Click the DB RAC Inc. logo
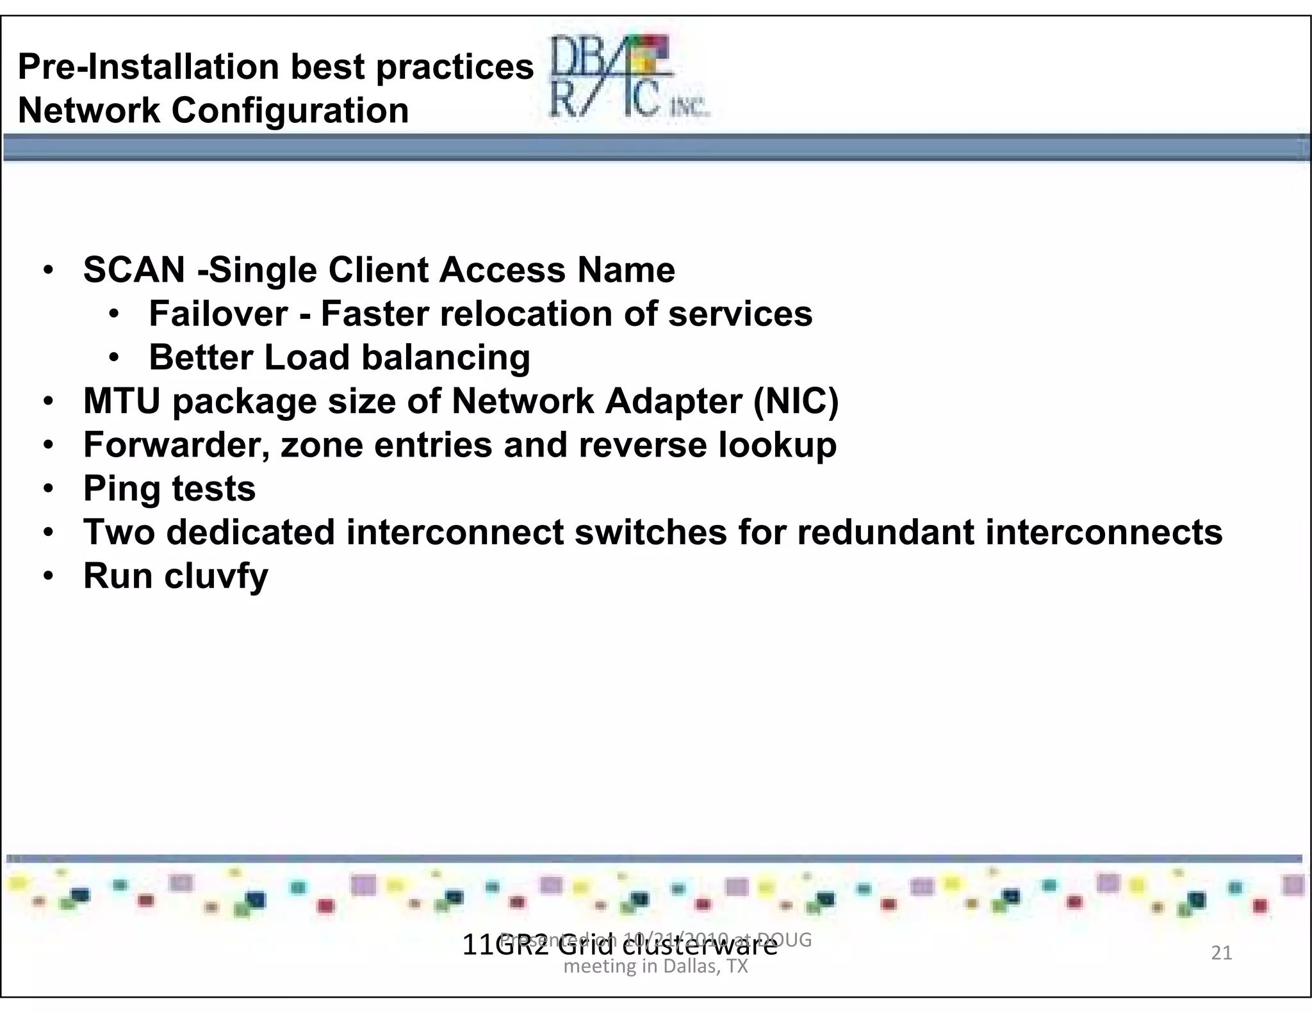628,77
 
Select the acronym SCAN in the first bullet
134,270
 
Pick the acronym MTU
122,401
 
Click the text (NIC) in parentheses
796,401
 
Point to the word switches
650,532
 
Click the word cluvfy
216,576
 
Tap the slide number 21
1222,953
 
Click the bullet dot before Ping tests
49,489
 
